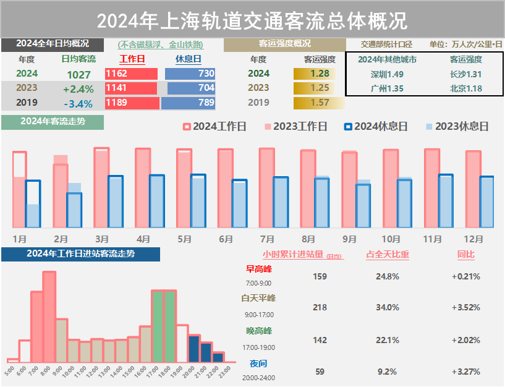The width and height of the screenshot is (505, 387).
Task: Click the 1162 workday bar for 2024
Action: click(131, 74)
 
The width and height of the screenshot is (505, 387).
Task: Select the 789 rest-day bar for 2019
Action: click(189, 103)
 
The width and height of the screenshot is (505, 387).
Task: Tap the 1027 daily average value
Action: click(79, 74)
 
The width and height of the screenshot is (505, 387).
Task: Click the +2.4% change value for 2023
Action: click(79, 88)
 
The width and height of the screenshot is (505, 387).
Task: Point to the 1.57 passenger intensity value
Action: click(320, 103)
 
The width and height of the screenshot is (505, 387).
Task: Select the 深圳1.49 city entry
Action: click(387, 74)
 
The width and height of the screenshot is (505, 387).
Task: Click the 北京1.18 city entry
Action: click(466, 88)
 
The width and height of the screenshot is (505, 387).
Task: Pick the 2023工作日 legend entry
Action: click(294, 127)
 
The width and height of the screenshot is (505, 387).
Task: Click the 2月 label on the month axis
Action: click(61, 239)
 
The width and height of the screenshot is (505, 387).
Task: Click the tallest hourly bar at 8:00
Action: click(49, 317)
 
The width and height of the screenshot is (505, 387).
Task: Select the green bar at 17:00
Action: click(158, 326)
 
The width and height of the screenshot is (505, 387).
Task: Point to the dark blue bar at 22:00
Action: click(218, 357)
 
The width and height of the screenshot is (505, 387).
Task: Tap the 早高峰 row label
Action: click(259, 269)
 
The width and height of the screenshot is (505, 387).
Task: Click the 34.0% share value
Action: click(388, 307)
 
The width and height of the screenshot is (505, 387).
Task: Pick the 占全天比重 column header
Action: click(388, 254)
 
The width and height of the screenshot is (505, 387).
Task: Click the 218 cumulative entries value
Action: click(320, 307)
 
